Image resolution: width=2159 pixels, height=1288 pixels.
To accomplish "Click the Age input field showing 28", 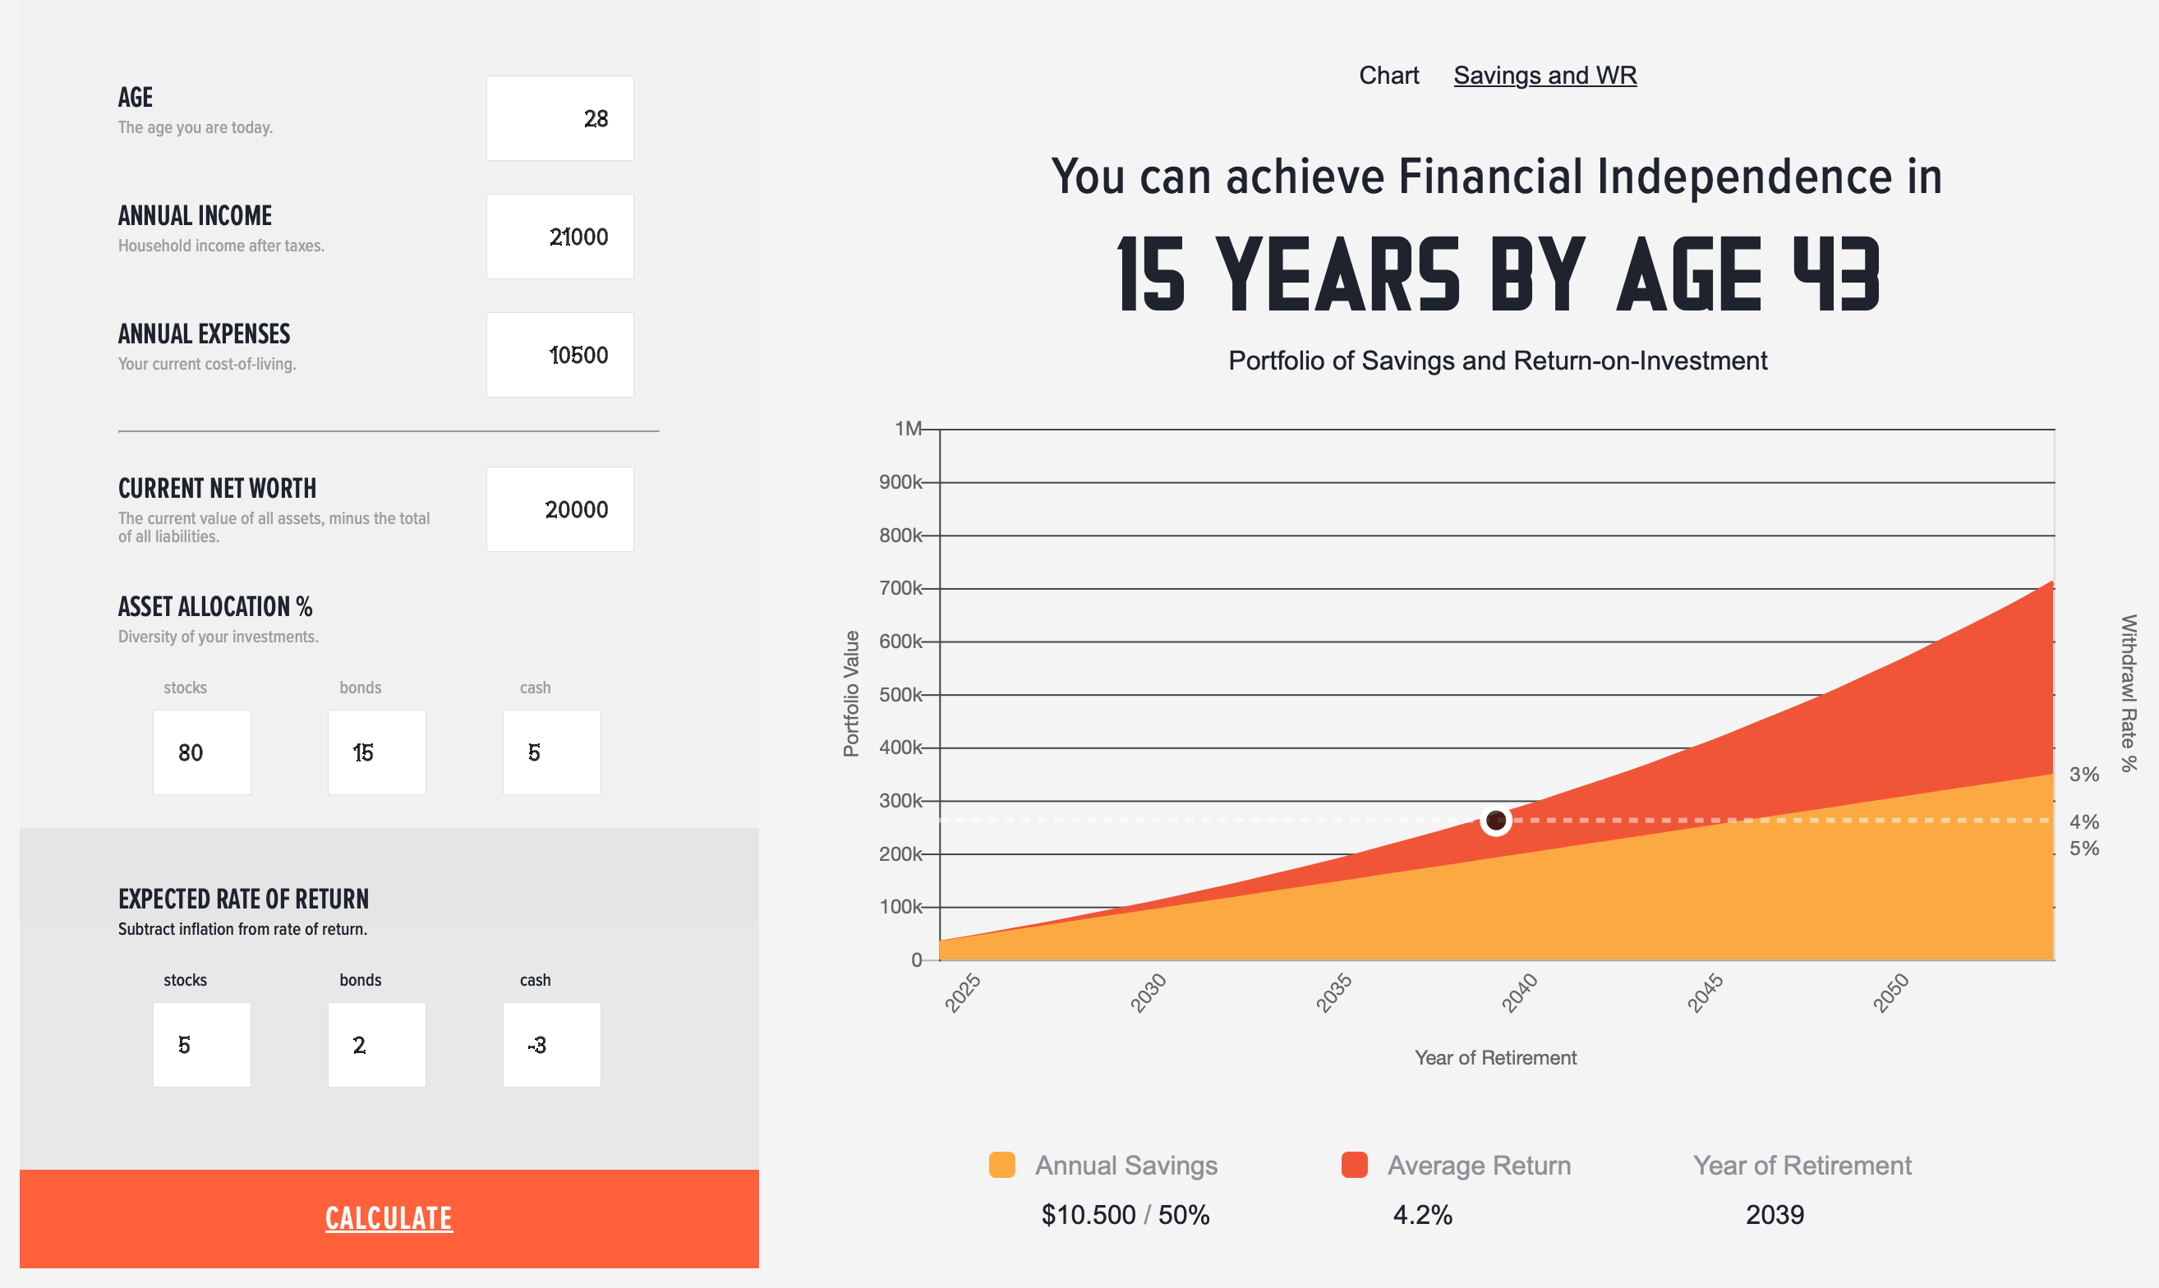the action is point(559,118).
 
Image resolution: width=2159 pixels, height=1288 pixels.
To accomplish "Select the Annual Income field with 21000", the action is point(559,236).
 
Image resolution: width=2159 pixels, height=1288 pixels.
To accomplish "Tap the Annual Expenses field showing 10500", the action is point(559,355).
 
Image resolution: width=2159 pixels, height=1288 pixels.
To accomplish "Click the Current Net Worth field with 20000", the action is point(559,509).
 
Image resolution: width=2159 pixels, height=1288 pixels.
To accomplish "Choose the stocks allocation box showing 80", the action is point(202,752).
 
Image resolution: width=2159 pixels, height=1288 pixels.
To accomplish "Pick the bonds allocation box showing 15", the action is point(376,752).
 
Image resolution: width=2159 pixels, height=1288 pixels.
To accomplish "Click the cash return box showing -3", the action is point(552,1045).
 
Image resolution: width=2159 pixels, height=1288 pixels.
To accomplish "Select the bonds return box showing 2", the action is point(376,1045).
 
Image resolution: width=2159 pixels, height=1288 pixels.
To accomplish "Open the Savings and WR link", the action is point(1545,76).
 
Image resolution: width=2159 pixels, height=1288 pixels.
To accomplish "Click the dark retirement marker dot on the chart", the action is point(1496,820).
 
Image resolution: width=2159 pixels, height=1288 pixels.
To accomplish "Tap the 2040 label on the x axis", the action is point(1520,993).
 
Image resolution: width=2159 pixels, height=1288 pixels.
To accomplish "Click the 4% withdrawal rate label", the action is point(2084,822).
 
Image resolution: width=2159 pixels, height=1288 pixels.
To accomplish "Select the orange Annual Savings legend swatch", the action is point(1002,1165).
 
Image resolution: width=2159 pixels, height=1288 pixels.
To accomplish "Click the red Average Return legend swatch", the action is point(1355,1165).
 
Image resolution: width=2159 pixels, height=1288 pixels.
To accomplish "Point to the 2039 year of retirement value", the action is point(1775,1214).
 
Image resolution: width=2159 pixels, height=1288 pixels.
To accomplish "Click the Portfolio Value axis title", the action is point(851,693).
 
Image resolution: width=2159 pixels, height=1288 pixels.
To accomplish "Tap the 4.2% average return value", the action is point(1422,1214).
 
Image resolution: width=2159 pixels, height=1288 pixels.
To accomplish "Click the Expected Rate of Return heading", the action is point(244,899).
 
